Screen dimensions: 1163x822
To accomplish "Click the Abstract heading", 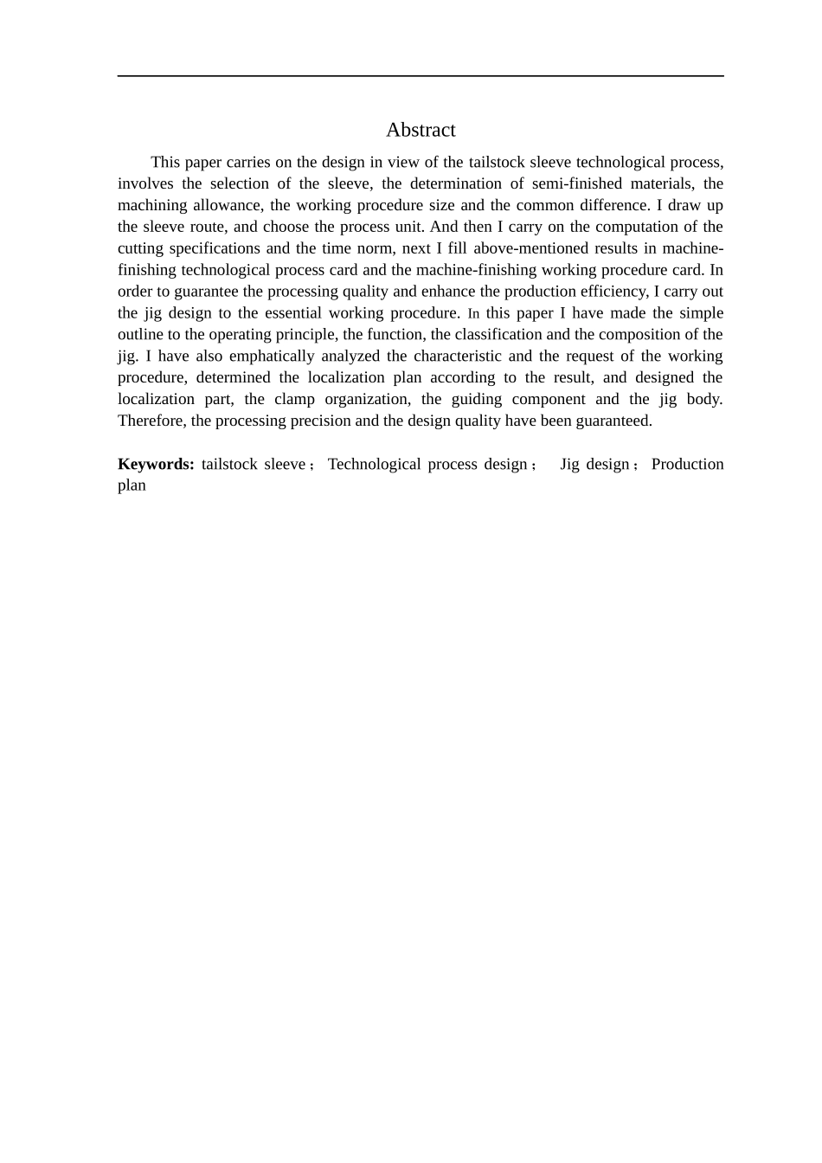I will point(421,130).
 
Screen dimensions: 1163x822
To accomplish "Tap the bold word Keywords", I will point(156,464).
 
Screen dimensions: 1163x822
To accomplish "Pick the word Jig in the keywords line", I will point(569,464).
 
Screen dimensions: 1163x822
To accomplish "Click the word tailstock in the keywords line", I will point(228,464).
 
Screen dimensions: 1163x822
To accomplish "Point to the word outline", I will point(139,334).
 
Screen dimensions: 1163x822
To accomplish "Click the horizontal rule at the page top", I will point(421,76).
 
